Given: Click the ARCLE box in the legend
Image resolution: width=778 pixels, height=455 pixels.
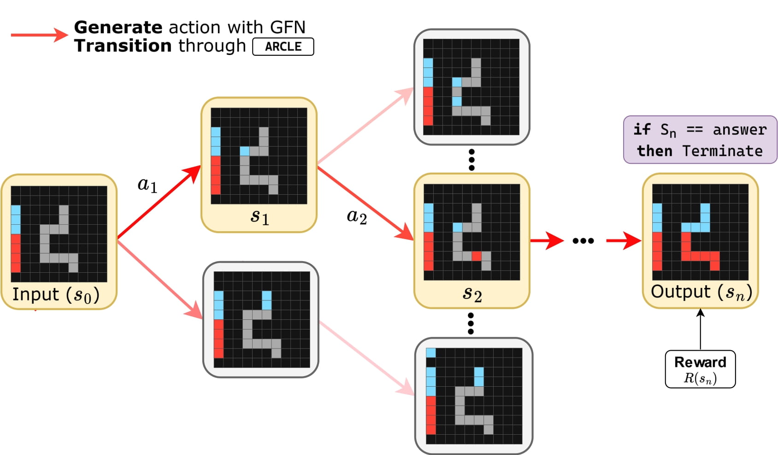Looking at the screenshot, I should point(283,47).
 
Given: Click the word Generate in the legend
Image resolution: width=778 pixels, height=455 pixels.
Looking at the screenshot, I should point(118,27).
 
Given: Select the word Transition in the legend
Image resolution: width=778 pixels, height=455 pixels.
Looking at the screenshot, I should point(123,46).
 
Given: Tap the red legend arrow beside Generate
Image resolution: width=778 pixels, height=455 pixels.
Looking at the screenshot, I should point(39,35).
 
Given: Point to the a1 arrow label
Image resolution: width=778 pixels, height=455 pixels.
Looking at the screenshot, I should point(147,185).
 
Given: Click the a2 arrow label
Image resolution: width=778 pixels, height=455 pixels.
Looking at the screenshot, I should point(357,216).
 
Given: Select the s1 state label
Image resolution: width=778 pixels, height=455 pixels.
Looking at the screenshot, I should point(259,216).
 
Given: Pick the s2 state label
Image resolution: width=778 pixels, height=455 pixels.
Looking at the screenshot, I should point(472,293).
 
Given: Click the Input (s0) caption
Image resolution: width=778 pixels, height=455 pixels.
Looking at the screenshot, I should point(56,294).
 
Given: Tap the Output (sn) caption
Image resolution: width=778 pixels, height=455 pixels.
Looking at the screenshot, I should point(701,292).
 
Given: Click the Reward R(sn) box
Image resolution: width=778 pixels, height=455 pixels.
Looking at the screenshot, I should point(700,369).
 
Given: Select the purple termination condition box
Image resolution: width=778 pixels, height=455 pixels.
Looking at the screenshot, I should point(700,140).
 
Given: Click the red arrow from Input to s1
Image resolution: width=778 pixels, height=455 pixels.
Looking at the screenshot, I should point(159,203).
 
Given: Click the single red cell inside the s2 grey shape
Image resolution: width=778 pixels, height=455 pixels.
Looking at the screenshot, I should point(477,256).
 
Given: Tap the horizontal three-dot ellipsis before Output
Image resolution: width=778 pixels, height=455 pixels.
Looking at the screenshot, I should point(583,240).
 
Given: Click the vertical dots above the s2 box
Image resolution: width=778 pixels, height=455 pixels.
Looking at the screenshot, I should point(472,160).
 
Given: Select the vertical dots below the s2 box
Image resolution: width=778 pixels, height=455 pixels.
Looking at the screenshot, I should point(471,323).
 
